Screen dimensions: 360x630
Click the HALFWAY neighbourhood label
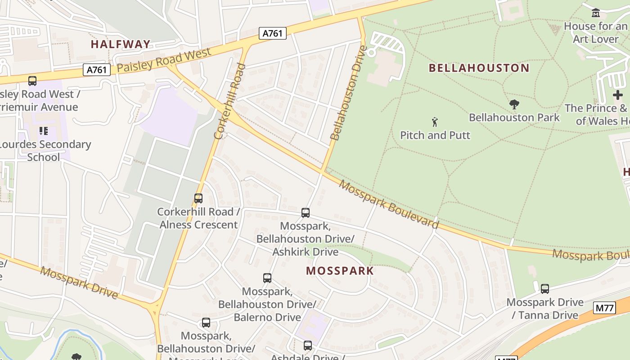(x=120, y=44)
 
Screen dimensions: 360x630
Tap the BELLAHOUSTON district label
(x=479, y=68)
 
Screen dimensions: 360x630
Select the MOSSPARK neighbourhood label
(x=340, y=270)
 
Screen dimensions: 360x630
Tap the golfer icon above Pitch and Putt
(x=435, y=122)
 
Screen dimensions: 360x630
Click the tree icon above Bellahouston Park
(x=514, y=105)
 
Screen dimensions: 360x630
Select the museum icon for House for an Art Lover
(x=596, y=13)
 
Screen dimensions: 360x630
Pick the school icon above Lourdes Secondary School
(x=44, y=131)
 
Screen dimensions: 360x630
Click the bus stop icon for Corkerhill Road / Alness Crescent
(x=198, y=198)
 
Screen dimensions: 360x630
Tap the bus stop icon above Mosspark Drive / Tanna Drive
(x=544, y=289)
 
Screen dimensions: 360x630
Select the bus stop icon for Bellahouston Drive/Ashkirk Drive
(x=306, y=213)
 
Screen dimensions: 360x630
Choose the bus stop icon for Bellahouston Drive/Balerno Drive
(x=267, y=278)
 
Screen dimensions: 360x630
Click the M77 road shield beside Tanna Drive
(x=604, y=308)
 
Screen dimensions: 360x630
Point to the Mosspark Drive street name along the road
(x=79, y=283)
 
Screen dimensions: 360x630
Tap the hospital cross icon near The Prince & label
(x=618, y=95)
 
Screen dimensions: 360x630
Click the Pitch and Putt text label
(x=435, y=135)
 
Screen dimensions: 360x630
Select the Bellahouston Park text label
(x=514, y=117)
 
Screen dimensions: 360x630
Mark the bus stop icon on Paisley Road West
(x=32, y=81)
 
